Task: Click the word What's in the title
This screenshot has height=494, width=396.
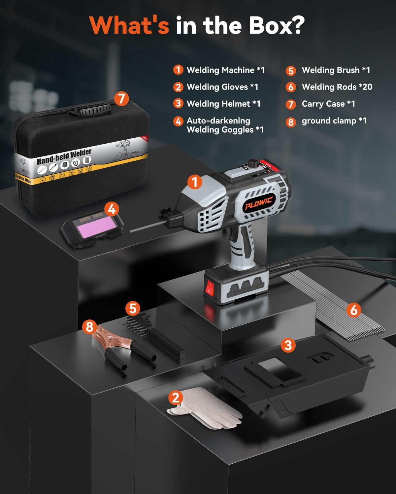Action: [129, 25]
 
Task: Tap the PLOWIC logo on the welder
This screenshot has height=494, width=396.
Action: [258, 202]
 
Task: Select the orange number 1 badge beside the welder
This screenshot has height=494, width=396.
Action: [195, 181]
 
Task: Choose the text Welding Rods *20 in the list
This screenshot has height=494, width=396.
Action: [337, 87]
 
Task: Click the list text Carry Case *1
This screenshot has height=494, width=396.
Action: [328, 104]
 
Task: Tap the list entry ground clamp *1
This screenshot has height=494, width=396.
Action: [334, 121]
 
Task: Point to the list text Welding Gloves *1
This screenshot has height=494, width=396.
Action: [222, 87]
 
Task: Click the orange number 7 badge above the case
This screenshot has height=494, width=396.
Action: [121, 98]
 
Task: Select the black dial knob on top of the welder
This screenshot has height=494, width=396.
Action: [253, 163]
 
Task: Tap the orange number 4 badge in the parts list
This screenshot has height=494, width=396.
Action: [178, 121]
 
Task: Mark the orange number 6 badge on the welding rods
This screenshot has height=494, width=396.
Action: [354, 310]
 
